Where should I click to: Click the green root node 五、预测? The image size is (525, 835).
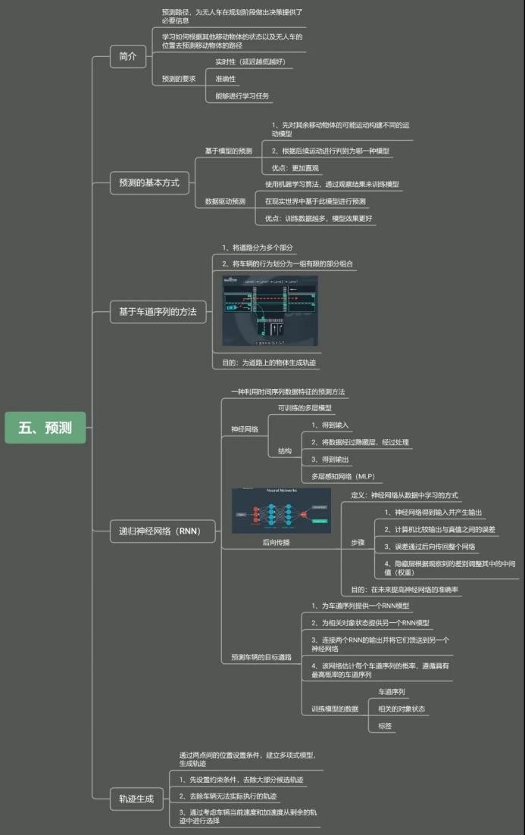click(x=45, y=427)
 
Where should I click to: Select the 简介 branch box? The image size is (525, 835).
click(x=127, y=57)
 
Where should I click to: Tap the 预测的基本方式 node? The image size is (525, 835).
click(x=148, y=182)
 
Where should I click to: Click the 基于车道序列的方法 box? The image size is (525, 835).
click(x=157, y=311)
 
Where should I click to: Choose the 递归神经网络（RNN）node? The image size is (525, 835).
click(x=159, y=531)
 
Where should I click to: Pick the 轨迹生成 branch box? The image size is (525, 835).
click(x=136, y=798)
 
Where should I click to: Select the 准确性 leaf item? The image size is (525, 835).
click(x=226, y=78)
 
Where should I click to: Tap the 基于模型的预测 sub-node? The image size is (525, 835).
click(x=229, y=151)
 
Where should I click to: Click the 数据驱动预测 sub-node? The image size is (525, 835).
click(x=225, y=201)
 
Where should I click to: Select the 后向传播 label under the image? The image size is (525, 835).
click(x=276, y=542)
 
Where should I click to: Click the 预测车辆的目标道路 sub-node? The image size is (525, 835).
click(x=261, y=657)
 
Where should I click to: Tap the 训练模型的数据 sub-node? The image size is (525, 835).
click(x=335, y=709)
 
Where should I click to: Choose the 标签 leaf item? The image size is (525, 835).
click(x=386, y=726)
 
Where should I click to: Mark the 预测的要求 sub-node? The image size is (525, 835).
click(x=179, y=79)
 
